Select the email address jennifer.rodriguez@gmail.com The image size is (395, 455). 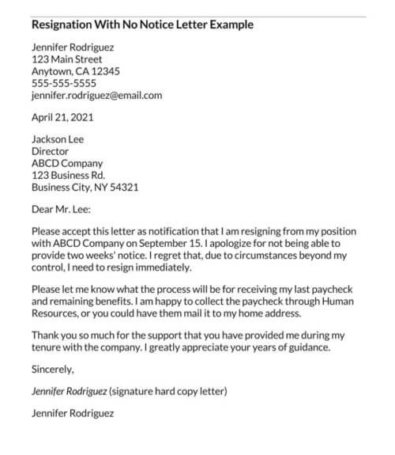coord(96,95)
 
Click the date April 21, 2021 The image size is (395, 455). coord(62,118)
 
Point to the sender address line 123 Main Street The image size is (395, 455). coord(66,59)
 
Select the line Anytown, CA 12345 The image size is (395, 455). coord(76,71)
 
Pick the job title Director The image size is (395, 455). coord(50,151)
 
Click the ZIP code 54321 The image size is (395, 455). coord(122,188)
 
